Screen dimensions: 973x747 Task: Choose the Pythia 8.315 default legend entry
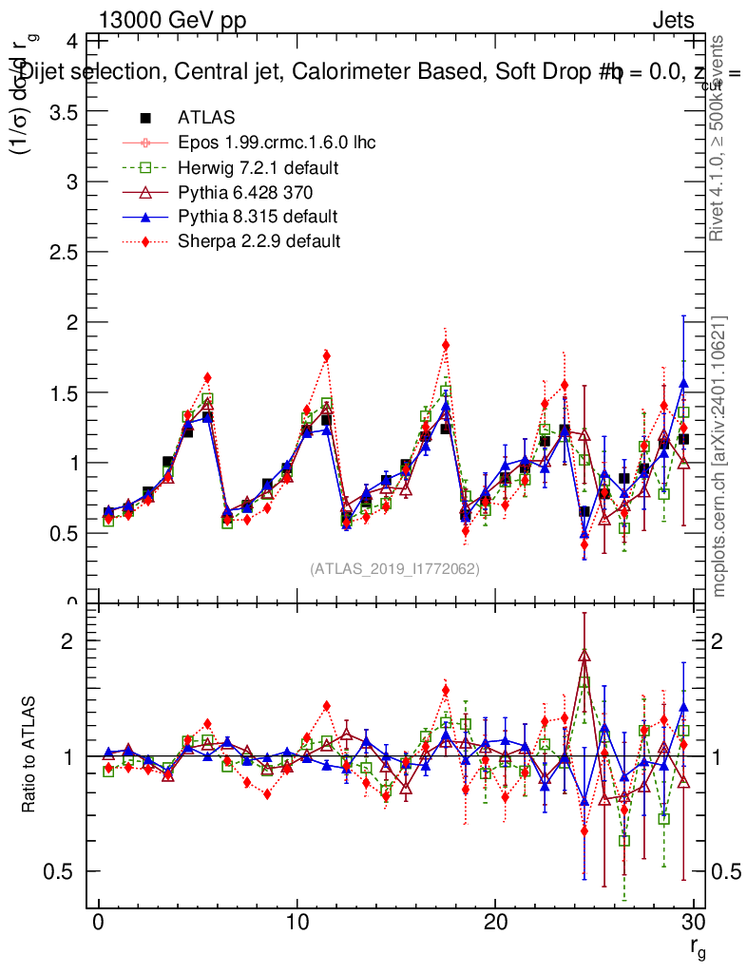tap(258, 216)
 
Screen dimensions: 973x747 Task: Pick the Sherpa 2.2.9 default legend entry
tap(259, 240)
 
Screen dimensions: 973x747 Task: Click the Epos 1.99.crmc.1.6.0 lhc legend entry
tap(277, 143)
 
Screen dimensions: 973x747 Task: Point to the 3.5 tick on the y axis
tap(64, 111)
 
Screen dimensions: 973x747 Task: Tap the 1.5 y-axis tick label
tap(64, 392)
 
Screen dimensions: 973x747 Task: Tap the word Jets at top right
tap(673, 21)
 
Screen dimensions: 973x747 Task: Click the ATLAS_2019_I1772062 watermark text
tap(394, 569)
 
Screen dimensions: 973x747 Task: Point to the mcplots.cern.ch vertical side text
tap(719, 455)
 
